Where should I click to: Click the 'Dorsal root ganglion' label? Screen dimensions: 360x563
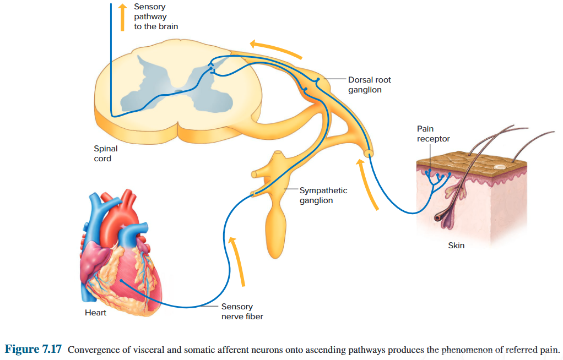pos(369,85)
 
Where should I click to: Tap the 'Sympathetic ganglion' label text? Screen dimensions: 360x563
pos(323,195)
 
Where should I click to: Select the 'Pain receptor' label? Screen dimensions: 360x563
pos(433,134)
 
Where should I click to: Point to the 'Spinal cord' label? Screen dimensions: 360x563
pos(106,154)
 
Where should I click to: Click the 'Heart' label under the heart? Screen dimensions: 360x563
pos(95,313)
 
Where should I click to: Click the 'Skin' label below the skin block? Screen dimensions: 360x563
pos(456,246)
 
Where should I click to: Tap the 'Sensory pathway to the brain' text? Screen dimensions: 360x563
pos(156,17)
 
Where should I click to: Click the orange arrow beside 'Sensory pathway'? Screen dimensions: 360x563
pos(123,17)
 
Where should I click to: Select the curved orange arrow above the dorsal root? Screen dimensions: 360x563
pos(275,48)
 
